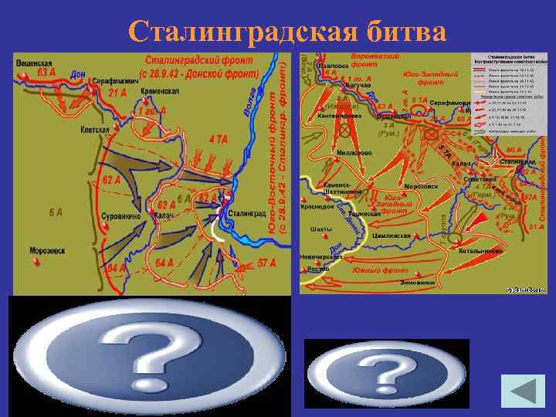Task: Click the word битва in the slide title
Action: [x=400, y=32]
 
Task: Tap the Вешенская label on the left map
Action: [x=35, y=63]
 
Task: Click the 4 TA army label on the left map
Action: [x=218, y=140]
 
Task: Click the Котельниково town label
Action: [x=480, y=251]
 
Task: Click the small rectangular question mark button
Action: [x=386, y=374]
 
